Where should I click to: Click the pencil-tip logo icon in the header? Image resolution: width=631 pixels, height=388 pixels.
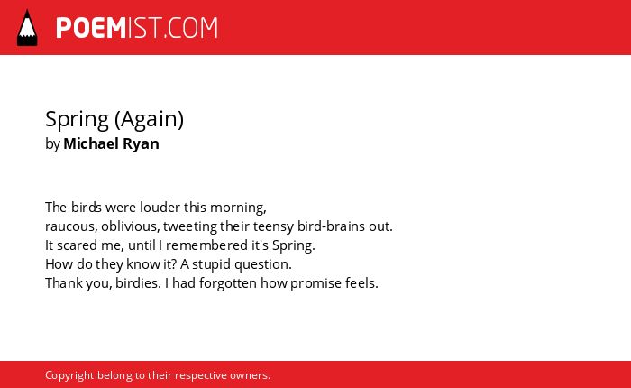point(27,28)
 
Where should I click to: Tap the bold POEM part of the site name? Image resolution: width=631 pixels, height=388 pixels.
point(91,28)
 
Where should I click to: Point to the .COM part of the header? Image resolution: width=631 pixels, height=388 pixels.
point(190,28)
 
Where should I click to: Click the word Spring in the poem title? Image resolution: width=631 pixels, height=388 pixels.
point(77,120)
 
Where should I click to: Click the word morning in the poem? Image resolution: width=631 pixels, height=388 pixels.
point(238,208)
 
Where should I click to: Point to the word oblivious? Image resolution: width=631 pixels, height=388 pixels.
point(130,226)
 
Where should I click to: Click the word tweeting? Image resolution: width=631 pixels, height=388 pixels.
point(189,226)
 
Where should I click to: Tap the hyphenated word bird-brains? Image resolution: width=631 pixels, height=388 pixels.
point(331,226)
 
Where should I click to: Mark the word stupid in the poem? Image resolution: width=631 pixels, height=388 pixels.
point(211,264)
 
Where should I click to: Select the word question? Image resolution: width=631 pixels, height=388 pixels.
point(263,264)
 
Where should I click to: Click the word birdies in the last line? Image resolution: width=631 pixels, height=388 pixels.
point(138,282)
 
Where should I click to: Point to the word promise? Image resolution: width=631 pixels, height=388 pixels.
point(315,283)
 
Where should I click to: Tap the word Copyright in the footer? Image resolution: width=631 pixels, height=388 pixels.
point(69,375)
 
